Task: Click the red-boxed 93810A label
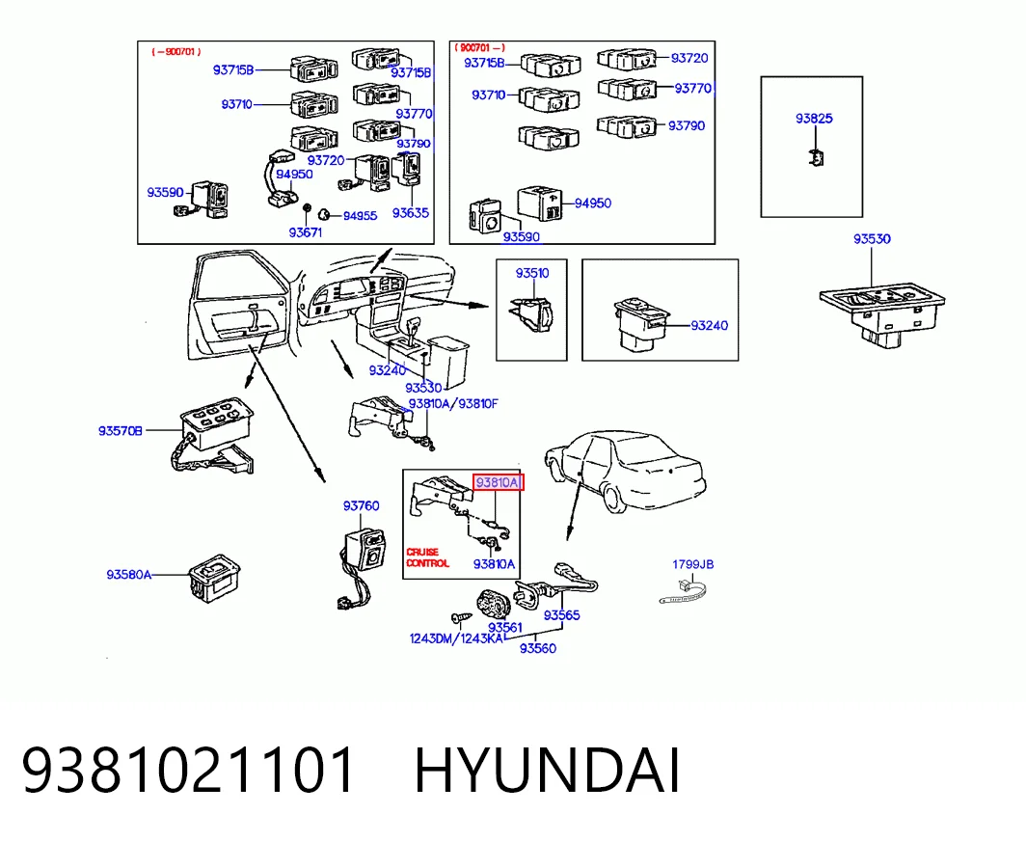tap(498, 483)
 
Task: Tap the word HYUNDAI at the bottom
tap(547, 771)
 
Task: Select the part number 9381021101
tap(188, 771)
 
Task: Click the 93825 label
tap(814, 119)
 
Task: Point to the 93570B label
tap(121, 431)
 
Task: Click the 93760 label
tap(362, 506)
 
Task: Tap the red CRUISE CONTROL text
tap(427, 557)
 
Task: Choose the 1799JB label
tap(693, 564)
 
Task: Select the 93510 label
tap(532, 273)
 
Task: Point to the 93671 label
tap(306, 232)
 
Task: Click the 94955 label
tap(361, 216)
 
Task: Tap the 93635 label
tap(410, 213)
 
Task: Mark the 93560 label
tap(538, 648)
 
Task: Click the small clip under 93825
tap(816, 157)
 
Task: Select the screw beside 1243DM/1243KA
tap(462, 618)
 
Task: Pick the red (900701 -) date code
tap(480, 48)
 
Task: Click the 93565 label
tap(562, 615)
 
